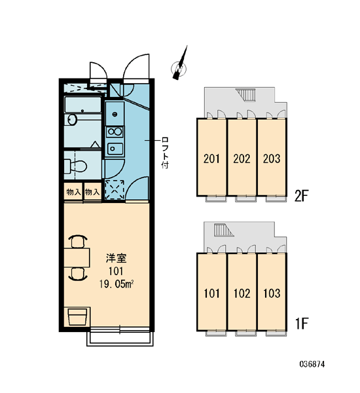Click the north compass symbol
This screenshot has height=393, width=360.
pos(179,68)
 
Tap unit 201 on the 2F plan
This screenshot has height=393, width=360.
pos(211,157)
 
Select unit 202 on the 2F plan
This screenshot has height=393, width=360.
pos(242,157)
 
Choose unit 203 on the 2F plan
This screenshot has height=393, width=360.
pos(272,157)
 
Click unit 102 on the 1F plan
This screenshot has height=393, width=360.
pos(242,292)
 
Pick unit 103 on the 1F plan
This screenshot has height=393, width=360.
pos(272,292)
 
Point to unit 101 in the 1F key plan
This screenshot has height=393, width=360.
pos(211,292)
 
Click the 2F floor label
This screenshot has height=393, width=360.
pos(301,196)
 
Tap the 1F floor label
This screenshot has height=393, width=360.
pos(301,324)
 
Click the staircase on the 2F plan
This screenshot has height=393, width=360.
pos(245,95)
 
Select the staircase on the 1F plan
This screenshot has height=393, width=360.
pos(223,230)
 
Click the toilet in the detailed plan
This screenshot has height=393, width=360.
pos(75,166)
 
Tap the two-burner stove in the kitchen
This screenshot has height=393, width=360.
pos(115,132)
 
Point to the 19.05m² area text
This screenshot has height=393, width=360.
pos(117,284)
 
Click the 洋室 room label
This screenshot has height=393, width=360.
pos(116,258)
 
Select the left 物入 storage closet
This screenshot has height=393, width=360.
pos(73,192)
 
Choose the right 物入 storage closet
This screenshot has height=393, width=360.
pos(92,192)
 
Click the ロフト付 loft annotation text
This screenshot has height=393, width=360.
pos(165,153)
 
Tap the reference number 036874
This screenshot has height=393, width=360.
pos(312,364)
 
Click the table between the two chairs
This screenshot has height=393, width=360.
pos(77,257)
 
